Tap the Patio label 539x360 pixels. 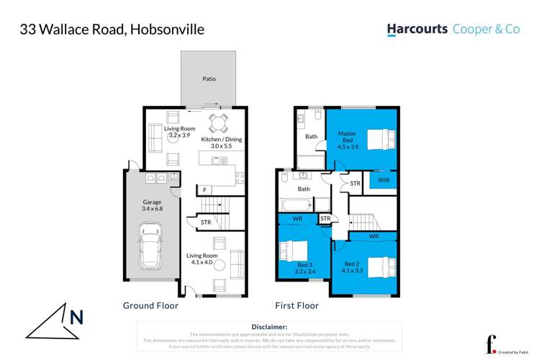click(x=209, y=79)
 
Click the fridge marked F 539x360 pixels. click(x=205, y=189)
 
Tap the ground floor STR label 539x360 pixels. click(x=206, y=222)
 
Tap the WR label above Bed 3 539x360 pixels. click(x=297, y=218)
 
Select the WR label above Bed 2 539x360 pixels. click(x=373, y=236)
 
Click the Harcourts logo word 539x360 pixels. click(x=417, y=30)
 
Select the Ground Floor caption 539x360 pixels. click(x=150, y=305)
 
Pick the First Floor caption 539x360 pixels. click(x=296, y=305)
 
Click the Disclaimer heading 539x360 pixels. click(x=269, y=327)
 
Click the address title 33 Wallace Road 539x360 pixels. click(x=112, y=30)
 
